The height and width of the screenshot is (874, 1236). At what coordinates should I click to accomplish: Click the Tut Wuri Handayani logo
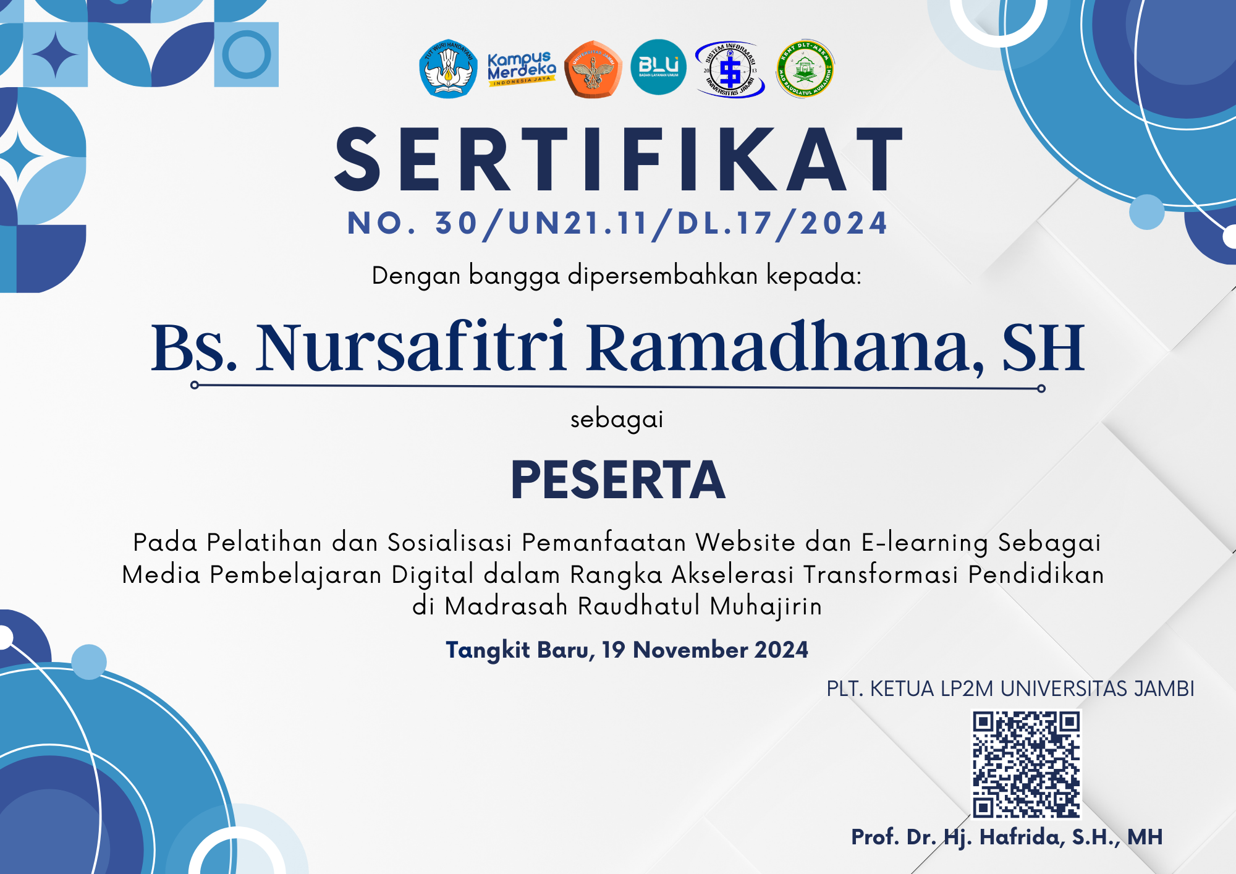tap(448, 69)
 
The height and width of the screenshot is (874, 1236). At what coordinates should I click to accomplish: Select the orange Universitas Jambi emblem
tap(593, 69)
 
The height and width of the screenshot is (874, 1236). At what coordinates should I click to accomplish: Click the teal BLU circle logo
tap(658, 67)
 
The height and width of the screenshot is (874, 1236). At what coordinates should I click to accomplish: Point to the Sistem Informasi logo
tap(730, 70)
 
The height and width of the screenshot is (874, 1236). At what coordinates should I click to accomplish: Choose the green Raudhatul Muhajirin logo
tap(805, 69)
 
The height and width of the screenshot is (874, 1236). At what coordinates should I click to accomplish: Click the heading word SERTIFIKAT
tap(619, 159)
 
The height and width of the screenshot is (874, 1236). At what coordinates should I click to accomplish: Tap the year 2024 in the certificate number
tap(844, 223)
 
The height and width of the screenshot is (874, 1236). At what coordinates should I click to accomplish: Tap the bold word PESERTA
tap(618, 480)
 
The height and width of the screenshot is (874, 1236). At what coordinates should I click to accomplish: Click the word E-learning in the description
tap(925, 543)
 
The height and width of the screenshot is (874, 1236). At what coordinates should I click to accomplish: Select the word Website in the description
tap(745, 543)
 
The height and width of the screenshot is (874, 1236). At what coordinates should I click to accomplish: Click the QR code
tap(1026, 765)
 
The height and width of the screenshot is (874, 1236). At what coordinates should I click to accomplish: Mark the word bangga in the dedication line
tap(514, 276)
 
